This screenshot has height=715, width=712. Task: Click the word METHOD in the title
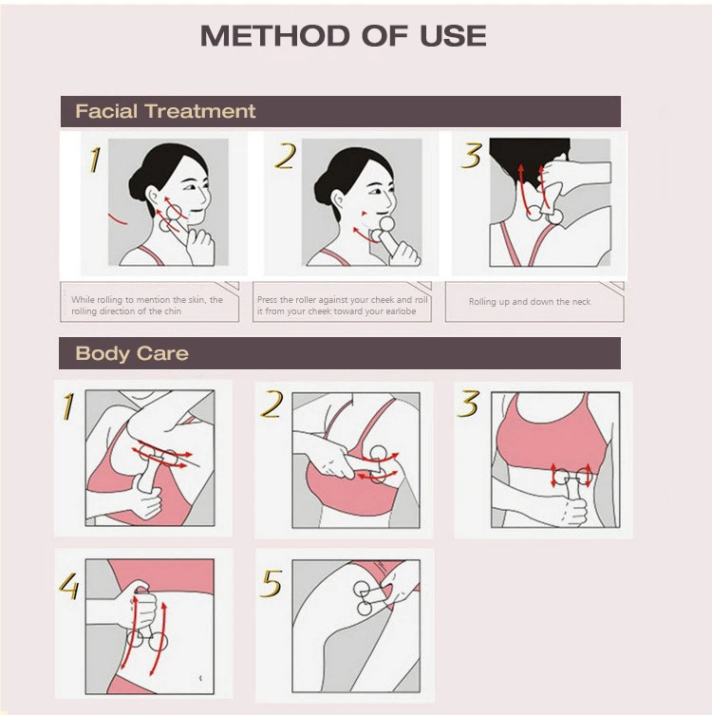tap(275, 35)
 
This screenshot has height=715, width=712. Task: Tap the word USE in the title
tap(453, 35)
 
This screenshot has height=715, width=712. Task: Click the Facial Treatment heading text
tap(165, 111)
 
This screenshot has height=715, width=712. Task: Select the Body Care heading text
tap(132, 353)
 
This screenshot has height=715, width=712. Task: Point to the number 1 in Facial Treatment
tap(94, 160)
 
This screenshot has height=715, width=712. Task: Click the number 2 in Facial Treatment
tap(286, 157)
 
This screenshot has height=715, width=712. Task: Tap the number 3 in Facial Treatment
tap(471, 155)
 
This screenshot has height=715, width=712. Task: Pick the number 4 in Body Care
tap(69, 586)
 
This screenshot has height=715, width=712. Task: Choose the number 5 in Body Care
tap(271, 583)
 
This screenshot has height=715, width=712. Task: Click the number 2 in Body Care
tap(272, 404)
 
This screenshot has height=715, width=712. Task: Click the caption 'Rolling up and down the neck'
tap(530, 302)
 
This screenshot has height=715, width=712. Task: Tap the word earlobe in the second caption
tap(401, 311)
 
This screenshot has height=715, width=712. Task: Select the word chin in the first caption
tap(173, 311)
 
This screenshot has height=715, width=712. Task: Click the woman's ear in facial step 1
tap(153, 197)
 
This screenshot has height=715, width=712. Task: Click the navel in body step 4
tap(201, 679)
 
